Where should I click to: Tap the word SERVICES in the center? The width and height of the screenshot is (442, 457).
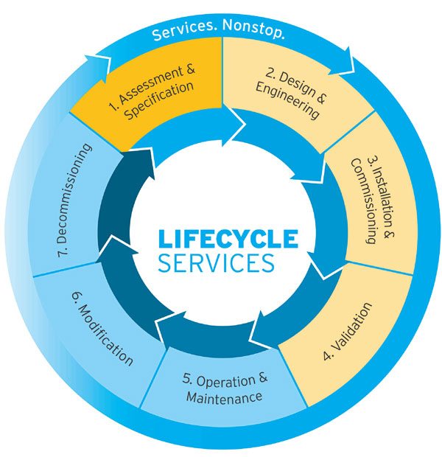click(216, 262)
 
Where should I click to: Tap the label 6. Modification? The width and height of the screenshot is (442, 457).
click(102, 332)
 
